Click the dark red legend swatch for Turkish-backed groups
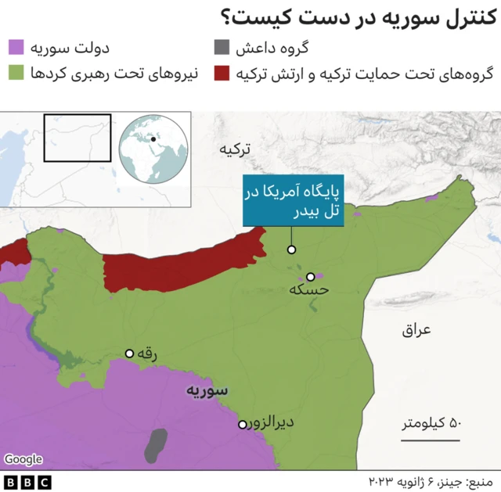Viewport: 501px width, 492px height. [x=222, y=74]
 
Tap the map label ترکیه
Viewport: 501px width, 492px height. [x=236, y=149]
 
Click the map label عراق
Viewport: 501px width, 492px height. [x=416, y=330]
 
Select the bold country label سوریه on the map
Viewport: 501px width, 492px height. [x=207, y=390]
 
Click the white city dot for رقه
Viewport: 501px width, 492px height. [x=130, y=354]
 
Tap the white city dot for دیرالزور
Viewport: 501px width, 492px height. [x=242, y=425]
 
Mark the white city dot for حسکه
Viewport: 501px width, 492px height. [x=311, y=276]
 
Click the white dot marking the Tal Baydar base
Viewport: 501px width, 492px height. [x=291, y=250]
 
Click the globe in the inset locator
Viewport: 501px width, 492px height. [x=152, y=148]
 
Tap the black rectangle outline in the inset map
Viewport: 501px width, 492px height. [x=77, y=138]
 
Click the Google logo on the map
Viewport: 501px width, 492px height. [x=23, y=460]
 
